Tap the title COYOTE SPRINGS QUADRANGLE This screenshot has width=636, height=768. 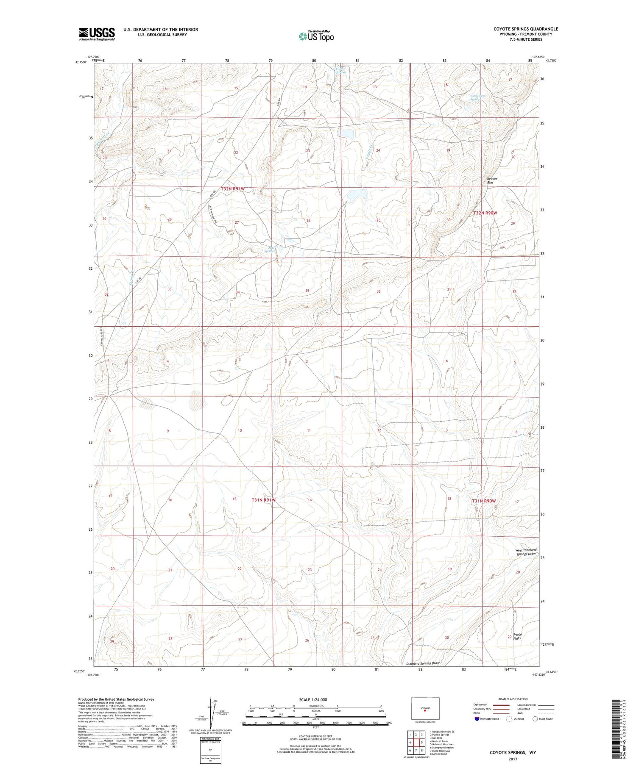click(x=520, y=29)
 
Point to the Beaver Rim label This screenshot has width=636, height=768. click(x=492, y=180)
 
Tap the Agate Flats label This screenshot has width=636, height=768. click(x=517, y=636)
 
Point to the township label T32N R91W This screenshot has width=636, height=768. click(x=233, y=189)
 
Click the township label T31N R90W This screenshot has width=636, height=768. click(x=484, y=501)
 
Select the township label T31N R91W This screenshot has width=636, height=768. click(x=264, y=500)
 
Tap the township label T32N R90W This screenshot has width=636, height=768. click(x=485, y=213)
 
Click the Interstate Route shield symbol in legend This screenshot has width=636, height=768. click(x=477, y=719)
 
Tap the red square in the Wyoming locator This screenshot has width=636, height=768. click(x=425, y=711)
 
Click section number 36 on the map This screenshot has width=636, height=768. click(x=379, y=291)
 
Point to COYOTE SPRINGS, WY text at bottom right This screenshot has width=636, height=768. click(x=513, y=753)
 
